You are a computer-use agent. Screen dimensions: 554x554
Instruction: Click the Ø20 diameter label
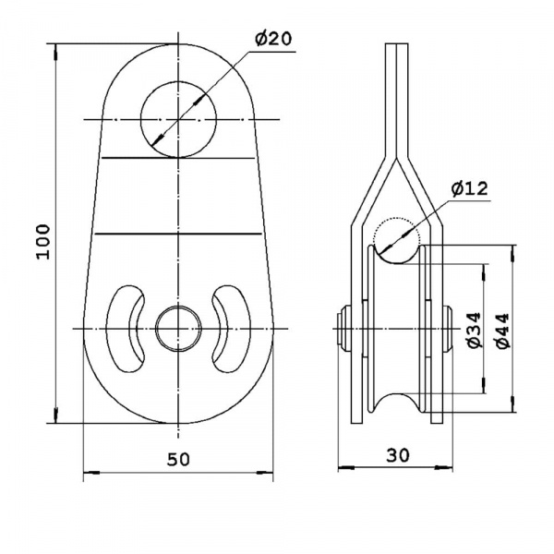point(274,39)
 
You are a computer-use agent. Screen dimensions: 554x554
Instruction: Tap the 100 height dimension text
point(43,242)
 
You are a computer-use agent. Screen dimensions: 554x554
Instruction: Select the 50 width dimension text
point(178,459)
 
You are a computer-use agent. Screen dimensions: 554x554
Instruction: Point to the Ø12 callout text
point(470,188)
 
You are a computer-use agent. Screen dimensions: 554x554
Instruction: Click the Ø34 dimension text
point(473,330)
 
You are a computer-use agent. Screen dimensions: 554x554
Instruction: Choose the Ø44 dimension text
point(501,331)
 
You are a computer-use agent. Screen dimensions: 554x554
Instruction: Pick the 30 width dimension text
point(398,455)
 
